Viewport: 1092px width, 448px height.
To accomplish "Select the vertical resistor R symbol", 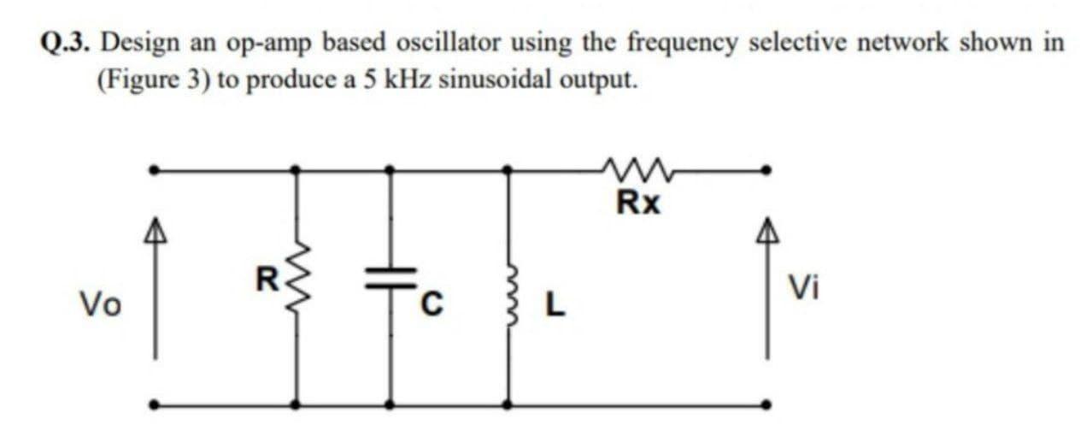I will point(297,287).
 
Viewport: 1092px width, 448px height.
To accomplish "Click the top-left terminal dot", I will point(154,170).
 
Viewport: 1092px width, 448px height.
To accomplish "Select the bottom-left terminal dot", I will point(154,404).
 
